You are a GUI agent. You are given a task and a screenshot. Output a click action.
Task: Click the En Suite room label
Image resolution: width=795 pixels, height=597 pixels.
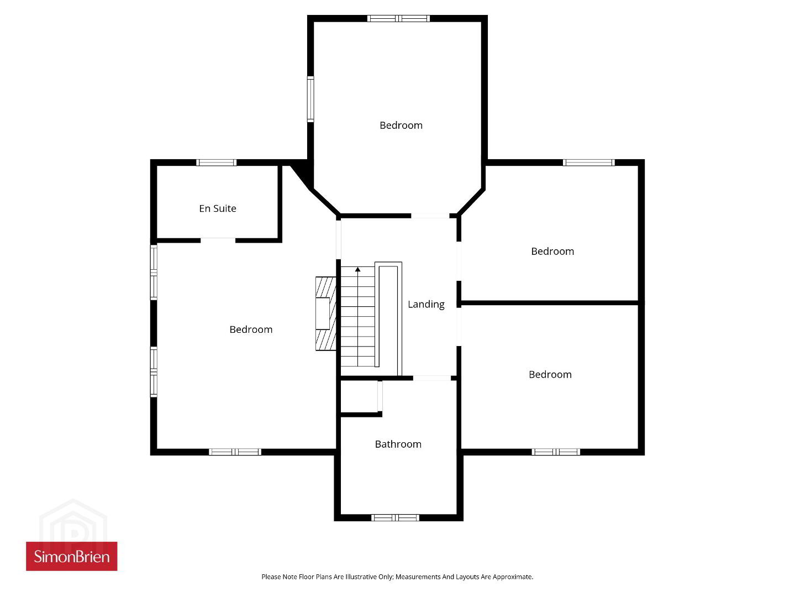pyautogui.click(x=217, y=208)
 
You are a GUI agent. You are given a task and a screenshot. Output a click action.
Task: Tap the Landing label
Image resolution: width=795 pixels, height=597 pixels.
pyautogui.click(x=426, y=304)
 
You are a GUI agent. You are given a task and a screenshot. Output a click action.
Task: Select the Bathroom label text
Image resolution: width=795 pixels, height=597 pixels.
pyautogui.click(x=398, y=444)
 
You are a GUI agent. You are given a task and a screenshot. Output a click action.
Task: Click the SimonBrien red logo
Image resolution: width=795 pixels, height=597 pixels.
pyautogui.click(x=72, y=556)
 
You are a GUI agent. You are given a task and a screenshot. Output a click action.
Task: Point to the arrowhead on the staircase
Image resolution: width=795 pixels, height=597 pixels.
pyautogui.click(x=357, y=269)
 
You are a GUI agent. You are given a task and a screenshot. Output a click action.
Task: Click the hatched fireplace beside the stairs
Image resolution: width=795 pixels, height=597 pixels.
pyautogui.click(x=325, y=313)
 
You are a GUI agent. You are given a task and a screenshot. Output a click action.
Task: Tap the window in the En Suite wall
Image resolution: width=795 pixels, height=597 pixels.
pyautogui.click(x=216, y=163)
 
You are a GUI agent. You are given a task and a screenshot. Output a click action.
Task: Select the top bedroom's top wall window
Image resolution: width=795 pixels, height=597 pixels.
pyautogui.click(x=398, y=18)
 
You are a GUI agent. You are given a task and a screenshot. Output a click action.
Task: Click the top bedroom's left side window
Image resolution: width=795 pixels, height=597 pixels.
pyautogui.click(x=310, y=99)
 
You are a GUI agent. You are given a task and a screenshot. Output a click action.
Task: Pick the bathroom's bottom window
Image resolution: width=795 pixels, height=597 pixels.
pyautogui.click(x=395, y=517)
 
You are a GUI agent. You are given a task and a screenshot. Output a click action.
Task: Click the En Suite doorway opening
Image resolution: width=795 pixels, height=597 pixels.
pyautogui.click(x=218, y=240)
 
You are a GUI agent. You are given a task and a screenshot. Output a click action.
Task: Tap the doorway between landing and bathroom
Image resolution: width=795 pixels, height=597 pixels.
pyautogui.click(x=431, y=378)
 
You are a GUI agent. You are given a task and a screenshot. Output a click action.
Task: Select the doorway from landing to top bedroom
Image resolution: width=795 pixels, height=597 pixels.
pyautogui.click(x=430, y=216)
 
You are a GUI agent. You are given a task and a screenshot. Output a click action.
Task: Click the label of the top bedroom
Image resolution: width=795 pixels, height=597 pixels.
pyautogui.click(x=401, y=125)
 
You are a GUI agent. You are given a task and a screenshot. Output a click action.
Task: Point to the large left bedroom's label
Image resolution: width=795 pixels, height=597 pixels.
pyautogui.click(x=251, y=329)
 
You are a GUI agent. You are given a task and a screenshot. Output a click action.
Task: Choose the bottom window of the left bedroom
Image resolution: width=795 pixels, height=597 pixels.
pyautogui.click(x=235, y=452)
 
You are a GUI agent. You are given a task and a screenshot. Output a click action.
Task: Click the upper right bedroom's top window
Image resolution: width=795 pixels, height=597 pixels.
pyautogui.click(x=588, y=163)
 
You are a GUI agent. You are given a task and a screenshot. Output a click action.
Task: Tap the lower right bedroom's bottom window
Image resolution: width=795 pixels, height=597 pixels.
pyautogui.click(x=556, y=452)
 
